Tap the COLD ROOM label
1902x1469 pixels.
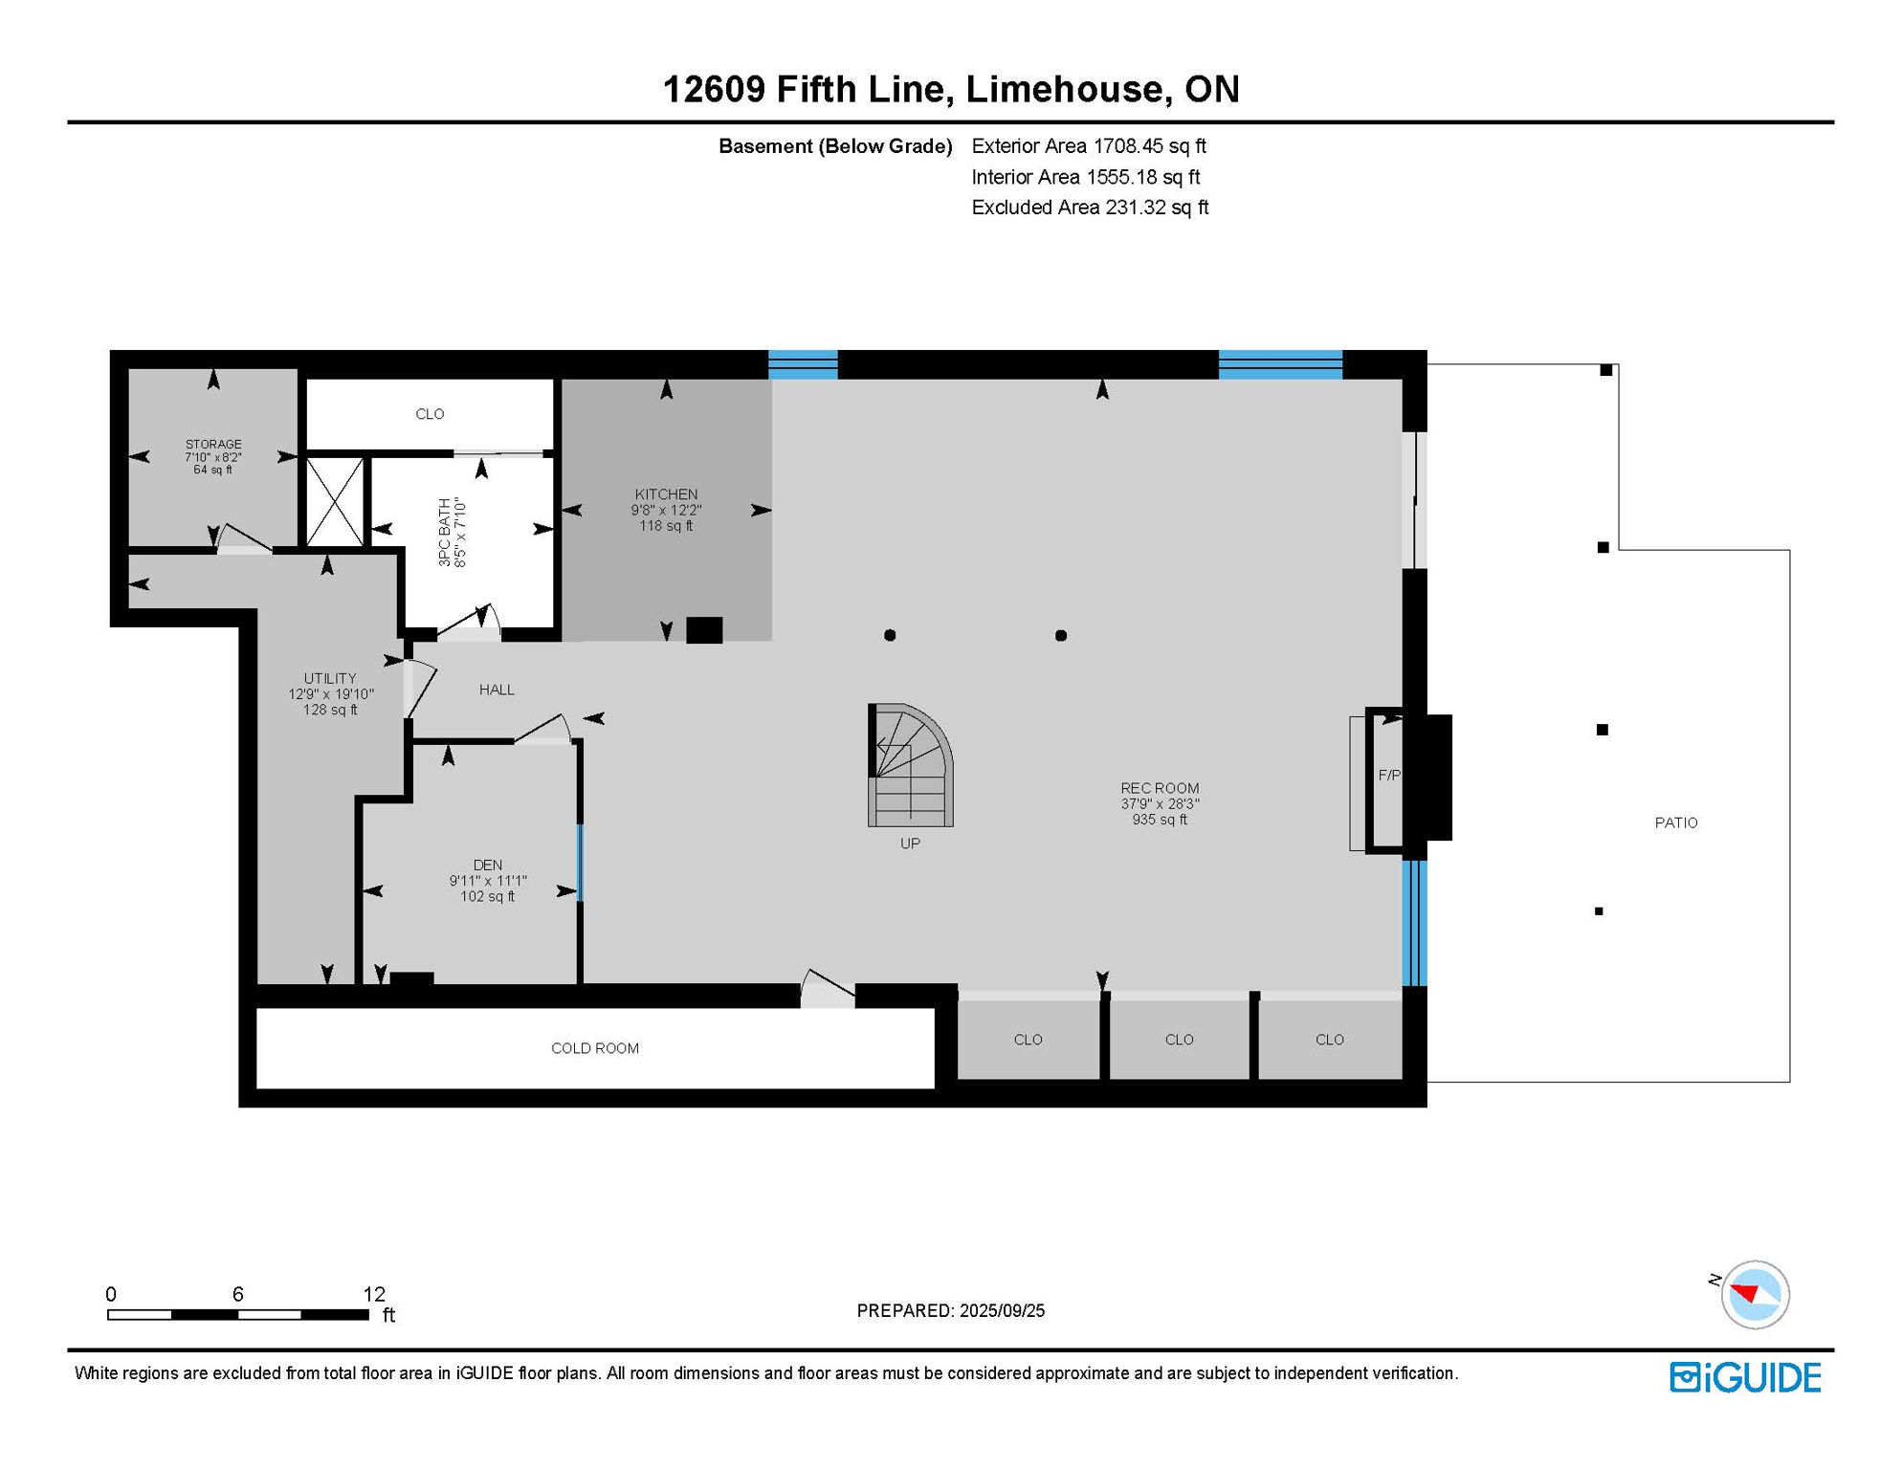(x=594, y=1048)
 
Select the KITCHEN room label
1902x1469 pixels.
(x=666, y=494)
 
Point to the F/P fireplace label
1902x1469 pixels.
(x=1388, y=776)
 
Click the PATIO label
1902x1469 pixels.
(x=1675, y=822)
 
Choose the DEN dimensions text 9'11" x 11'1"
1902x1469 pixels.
(x=488, y=881)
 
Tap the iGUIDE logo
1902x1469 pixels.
(x=1745, y=1377)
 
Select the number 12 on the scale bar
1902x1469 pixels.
(x=374, y=1294)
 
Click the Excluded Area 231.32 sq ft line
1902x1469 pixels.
(x=1089, y=208)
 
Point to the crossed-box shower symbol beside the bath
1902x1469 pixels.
(x=335, y=502)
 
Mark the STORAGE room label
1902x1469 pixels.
(x=213, y=445)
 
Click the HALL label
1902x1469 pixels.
(x=497, y=690)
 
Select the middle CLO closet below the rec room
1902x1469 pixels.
(x=1179, y=1040)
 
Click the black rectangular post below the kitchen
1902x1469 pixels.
(x=704, y=630)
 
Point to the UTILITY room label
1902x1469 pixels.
(x=330, y=678)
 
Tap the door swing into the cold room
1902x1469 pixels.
(x=827, y=991)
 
